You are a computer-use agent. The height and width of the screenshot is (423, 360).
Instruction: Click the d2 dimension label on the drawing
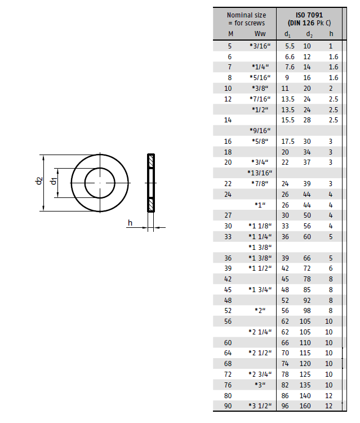point(39,180)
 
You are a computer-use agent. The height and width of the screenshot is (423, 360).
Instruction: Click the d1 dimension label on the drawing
point(54,181)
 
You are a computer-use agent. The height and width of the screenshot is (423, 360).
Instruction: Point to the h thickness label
point(130,223)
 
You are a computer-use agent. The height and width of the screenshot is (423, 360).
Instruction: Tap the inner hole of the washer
point(100,183)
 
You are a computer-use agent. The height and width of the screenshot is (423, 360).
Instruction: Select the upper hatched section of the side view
point(151,161)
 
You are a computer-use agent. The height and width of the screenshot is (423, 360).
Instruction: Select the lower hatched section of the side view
point(151,205)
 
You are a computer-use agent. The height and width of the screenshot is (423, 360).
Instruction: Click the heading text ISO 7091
point(309,15)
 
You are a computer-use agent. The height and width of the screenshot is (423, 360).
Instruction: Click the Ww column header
point(260,34)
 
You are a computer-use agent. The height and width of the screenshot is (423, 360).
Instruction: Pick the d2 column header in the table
point(309,34)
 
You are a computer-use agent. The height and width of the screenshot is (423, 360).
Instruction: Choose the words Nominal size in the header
point(246,15)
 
